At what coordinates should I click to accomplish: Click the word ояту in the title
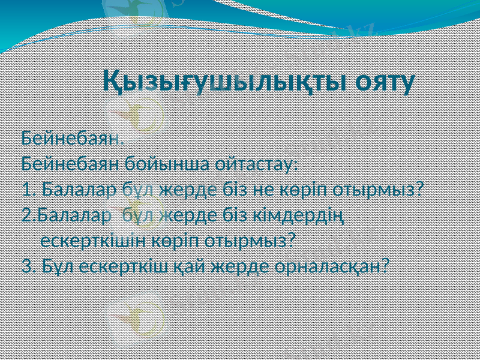tap(384, 82)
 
